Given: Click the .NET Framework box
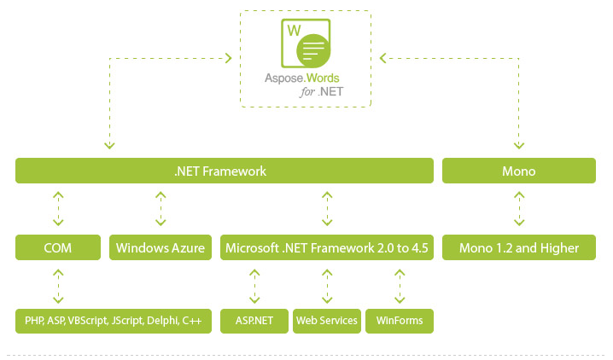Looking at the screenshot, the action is click(x=225, y=171).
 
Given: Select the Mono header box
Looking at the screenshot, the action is click(x=519, y=171).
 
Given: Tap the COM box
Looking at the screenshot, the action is click(x=58, y=247).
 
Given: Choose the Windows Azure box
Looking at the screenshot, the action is click(x=161, y=247).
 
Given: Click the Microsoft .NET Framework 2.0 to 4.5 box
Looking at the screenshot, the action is click(x=327, y=247).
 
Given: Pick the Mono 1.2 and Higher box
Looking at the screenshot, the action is click(x=519, y=247).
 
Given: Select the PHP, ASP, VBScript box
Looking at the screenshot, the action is click(x=114, y=321).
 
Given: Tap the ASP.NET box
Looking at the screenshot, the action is click(x=254, y=321).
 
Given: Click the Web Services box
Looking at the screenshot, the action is click(x=327, y=321).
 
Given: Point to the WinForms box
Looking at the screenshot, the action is click(x=400, y=321).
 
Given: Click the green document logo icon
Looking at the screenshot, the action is click(x=306, y=44).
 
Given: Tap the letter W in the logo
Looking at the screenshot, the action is click(x=294, y=31).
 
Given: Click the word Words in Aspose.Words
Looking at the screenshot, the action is click(x=323, y=78).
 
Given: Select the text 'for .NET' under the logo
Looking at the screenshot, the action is click(x=322, y=92).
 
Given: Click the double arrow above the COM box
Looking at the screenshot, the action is click(x=58, y=209).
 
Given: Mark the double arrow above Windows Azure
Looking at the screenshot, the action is click(x=161, y=209).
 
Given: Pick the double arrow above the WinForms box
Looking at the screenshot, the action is click(x=400, y=286).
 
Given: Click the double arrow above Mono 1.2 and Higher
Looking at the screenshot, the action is click(x=519, y=209).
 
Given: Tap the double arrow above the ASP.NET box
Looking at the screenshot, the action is click(x=254, y=286).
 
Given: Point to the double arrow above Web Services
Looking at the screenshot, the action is click(x=327, y=286).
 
